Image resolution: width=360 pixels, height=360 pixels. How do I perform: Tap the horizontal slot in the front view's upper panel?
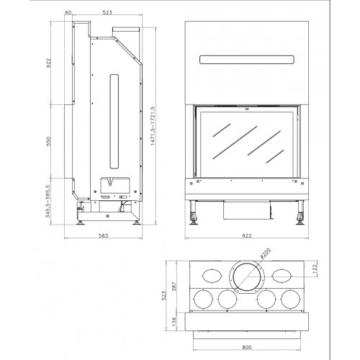(x=246, y=59)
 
